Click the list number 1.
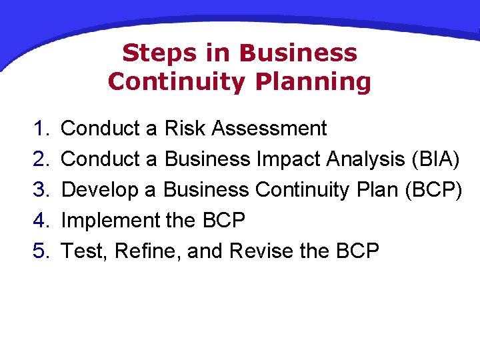pyautogui.click(x=42, y=128)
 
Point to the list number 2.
pyautogui.click(x=42, y=159)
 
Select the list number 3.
pyautogui.click(x=42, y=189)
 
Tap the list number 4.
pyautogui.click(x=42, y=220)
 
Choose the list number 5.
pyautogui.click(x=42, y=251)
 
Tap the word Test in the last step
pyautogui.click(x=85, y=251)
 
